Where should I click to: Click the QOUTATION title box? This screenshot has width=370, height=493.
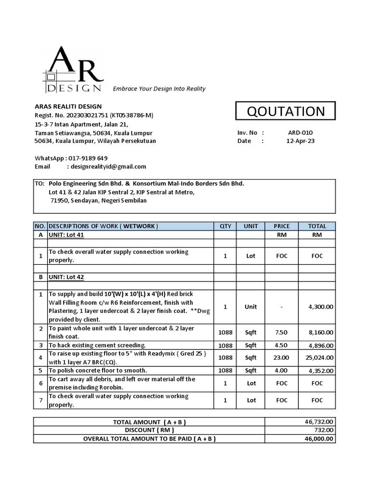point(286,111)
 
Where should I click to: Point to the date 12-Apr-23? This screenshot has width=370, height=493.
point(300,141)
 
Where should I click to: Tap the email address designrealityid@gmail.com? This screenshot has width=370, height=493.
point(108,167)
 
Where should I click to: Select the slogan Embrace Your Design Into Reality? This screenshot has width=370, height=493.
point(159,89)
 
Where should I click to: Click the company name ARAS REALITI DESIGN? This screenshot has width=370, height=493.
point(68,106)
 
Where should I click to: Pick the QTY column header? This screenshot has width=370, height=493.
point(225,226)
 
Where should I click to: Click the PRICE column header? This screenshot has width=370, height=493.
point(282,226)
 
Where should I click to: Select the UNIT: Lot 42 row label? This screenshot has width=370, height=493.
point(67,277)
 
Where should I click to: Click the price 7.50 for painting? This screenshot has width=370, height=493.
point(282,332)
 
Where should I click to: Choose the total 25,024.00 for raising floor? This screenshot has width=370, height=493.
point(318,358)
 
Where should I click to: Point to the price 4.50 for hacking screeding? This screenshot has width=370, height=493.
point(282,345)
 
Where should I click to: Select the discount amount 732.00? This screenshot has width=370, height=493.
point(322,430)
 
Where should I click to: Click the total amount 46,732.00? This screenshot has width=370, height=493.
point(318,422)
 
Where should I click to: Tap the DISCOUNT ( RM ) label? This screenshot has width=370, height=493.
point(149,430)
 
